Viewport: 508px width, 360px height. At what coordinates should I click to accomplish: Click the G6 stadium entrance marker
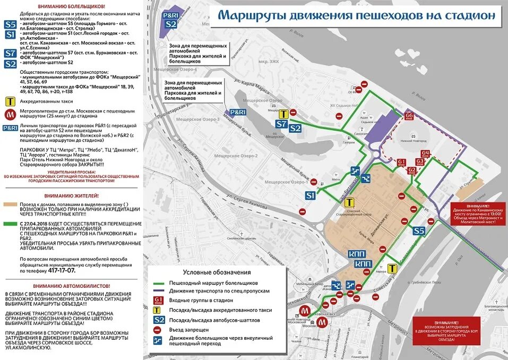tap(409, 115)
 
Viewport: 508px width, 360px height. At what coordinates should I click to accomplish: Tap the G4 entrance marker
tap(426, 155)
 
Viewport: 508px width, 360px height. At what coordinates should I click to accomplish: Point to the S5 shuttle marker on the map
tap(419, 231)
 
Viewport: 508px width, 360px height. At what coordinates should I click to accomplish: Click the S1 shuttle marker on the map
tap(311, 196)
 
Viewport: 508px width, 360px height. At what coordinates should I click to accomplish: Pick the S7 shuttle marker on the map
tap(281, 124)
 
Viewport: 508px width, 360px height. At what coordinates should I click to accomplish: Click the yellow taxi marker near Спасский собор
tap(349, 202)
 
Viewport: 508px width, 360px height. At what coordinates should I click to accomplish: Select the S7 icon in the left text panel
tap(10, 53)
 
